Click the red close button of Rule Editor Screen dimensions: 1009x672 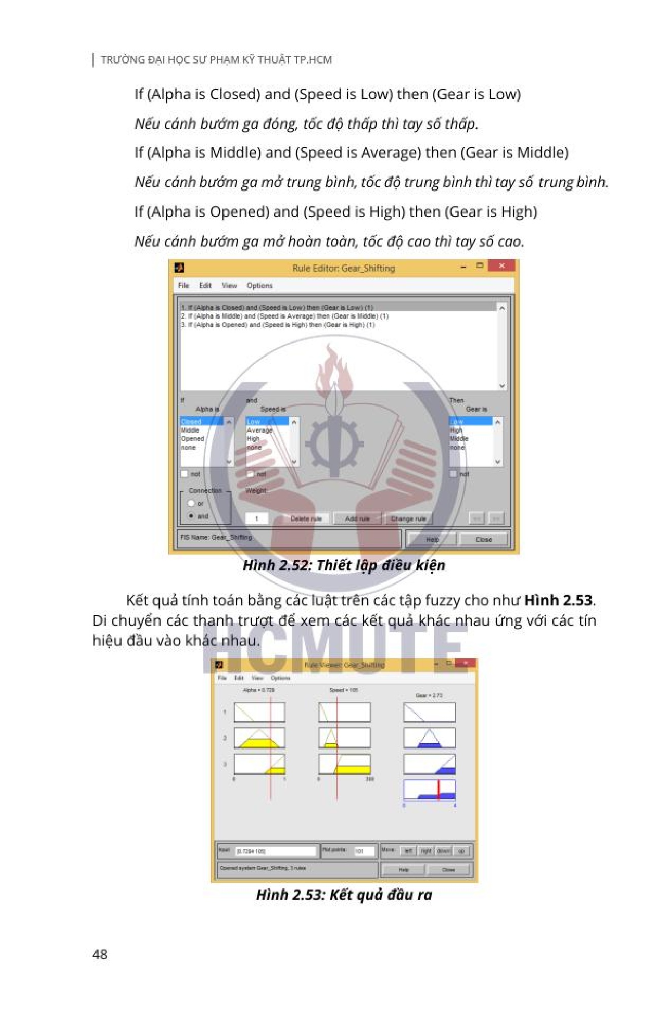point(501,266)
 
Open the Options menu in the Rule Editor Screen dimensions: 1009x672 point(259,286)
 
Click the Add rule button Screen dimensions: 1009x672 point(357,518)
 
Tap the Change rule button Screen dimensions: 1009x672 point(408,518)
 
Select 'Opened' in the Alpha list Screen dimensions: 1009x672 point(193,439)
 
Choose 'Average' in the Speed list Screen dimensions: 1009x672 point(259,431)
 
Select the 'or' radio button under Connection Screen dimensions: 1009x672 point(191,503)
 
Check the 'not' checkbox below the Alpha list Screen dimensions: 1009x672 point(184,474)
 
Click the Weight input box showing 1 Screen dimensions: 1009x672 point(257,518)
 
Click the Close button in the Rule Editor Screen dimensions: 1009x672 point(483,539)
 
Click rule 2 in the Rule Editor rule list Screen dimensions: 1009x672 point(284,316)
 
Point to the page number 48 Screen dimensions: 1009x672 point(100,954)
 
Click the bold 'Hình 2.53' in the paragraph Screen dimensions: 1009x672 point(558,600)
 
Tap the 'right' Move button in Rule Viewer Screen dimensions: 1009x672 point(426,851)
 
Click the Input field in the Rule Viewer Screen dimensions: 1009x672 point(276,851)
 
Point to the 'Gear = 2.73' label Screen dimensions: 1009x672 point(429,695)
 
